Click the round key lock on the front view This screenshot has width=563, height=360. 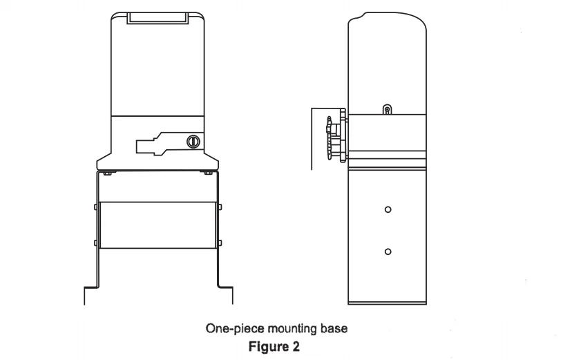pyautogui.click(x=193, y=141)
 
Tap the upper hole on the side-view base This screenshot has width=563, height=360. pyautogui.click(x=388, y=209)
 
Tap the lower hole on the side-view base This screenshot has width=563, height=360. pyautogui.click(x=388, y=252)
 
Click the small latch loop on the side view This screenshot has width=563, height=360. pyautogui.click(x=387, y=109)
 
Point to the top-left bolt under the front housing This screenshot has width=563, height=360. pyautogui.click(x=106, y=173)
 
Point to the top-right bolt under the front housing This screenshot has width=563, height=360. pyautogui.click(x=207, y=173)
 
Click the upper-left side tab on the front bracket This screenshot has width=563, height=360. pyautogui.click(x=95, y=207)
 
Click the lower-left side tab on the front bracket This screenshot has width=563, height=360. pyautogui.click(x=95, y=243)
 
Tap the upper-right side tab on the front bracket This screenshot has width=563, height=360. pyautogui.click(x=220, y=207)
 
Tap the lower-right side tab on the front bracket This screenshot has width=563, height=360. pyautogui.click(x=220, y=243)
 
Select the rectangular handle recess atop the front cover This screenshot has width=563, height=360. pyautogui.click(x=158, y=19)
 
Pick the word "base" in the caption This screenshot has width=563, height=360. pyautogui.click(x=334, y=328)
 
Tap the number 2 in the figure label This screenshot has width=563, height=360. pyautogui.click(x=296, y=346)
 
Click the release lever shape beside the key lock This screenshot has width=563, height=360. pyautogui.click(x=161, y=144)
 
